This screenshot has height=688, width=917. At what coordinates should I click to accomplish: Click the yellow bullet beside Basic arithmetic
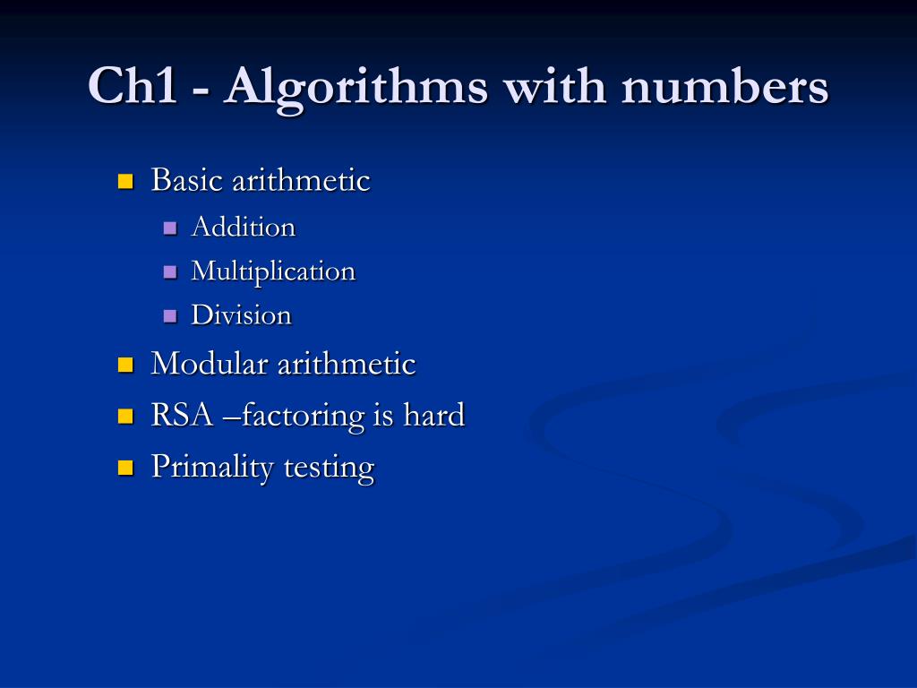click(124, 182)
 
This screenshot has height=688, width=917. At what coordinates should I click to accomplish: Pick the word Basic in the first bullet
click(187, 180)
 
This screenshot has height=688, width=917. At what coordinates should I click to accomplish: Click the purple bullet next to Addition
click(170, 228)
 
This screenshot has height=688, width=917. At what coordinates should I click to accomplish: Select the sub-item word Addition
click(243, 228)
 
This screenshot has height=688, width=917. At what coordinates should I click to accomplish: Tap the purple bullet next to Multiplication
click(170, 271)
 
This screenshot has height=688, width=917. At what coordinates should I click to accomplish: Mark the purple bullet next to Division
click(170, 315)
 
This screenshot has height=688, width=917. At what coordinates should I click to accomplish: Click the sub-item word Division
click(241, 315)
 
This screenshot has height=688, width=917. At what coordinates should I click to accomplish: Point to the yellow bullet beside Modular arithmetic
click(124, 365)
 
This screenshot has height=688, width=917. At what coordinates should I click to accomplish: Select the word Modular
click(210, 364)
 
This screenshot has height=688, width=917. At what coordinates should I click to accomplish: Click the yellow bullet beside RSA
click(124, 417)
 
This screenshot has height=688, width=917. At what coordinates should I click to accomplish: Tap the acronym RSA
click(182, 416)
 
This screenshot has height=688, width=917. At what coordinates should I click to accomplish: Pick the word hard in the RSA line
click(433, 416)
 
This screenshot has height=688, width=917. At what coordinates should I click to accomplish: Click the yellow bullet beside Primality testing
click(124, 468)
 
